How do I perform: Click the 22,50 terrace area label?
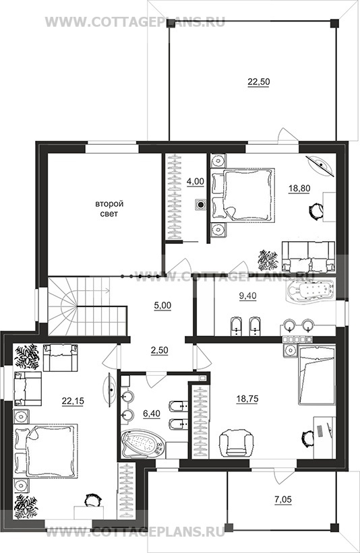[x=258, y=82]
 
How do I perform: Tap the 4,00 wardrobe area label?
[x=196, y=181]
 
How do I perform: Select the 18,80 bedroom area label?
[x=299, y=189]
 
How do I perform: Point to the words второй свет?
[x=109, y=209]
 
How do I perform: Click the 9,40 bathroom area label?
[x=248, y=296]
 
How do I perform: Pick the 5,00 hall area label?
[x=162, y=305]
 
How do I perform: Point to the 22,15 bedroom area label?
[x=73, y=401]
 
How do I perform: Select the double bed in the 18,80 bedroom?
[x=243, y=195]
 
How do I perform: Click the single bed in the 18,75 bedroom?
[x=316, y=375]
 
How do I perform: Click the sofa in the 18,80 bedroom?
[x=308, y=257]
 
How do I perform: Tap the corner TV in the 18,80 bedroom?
[x=320, y=164]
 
